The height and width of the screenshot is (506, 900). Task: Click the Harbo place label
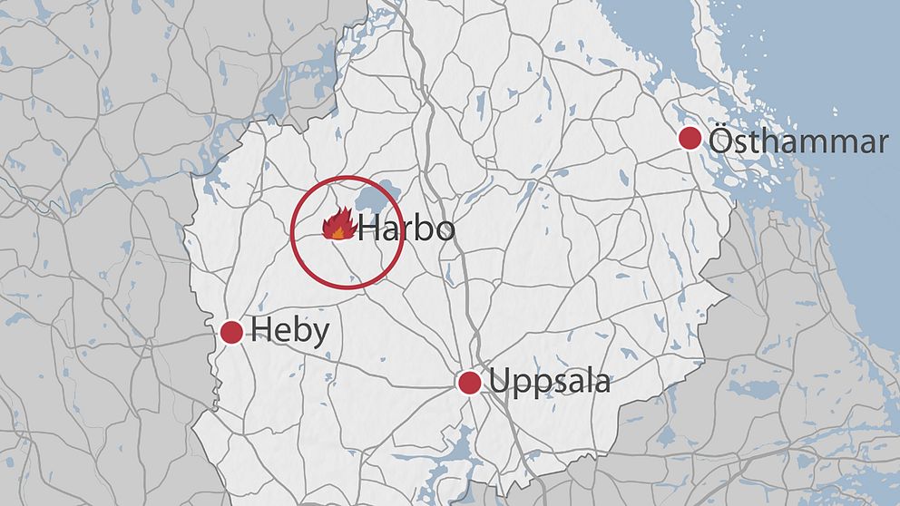tap(406, 229)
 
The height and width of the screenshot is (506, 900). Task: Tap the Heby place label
tap(289, 332)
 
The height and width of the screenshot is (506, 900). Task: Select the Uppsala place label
tap(550, 382)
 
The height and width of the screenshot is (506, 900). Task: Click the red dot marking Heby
tap(231, 333)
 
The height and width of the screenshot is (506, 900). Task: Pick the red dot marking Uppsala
tap(469, 383)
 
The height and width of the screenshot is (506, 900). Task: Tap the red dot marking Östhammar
tap(690, 139)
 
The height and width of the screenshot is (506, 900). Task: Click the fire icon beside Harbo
tap(337, 223)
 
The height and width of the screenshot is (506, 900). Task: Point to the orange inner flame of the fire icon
tap(337, 232)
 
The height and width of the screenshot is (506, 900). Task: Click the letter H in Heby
tap(261, 332)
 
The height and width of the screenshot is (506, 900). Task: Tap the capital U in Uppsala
tap(500, 382)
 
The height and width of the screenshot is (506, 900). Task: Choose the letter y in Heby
tap(318, 336)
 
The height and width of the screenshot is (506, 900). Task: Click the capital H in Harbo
tap(370, 229)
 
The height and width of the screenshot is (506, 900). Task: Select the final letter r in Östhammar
tap(882, 144)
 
